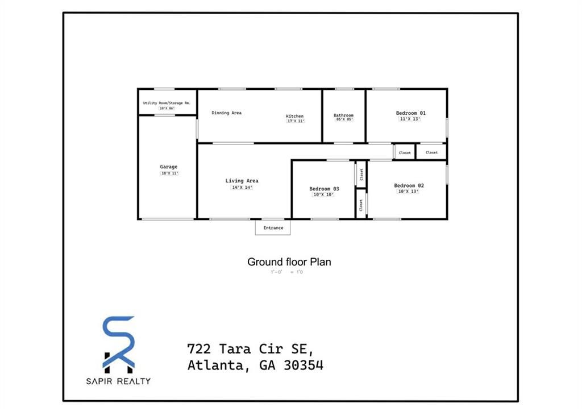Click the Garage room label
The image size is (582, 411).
pos(168,167)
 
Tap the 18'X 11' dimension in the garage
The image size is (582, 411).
pos(169,174)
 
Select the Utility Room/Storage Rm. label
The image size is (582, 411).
pos(167,103)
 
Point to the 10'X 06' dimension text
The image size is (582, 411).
pos(167,108)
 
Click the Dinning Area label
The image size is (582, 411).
pos(226,113)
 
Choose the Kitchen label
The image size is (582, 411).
pos(294,116)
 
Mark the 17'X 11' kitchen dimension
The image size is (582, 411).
pos(296,121)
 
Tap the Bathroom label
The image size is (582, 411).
pos(343,115)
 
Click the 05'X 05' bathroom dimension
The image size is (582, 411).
pos(344,120)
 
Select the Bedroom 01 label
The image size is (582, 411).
pos(410,113)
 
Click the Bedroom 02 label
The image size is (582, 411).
pos(409,186)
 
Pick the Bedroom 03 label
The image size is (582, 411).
pos(324,189)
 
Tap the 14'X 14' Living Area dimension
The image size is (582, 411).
pos(242,188)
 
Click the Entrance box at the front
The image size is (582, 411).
pos(273,228)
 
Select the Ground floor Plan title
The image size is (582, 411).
pos(289,262)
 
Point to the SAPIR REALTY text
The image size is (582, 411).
pos(119,381)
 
